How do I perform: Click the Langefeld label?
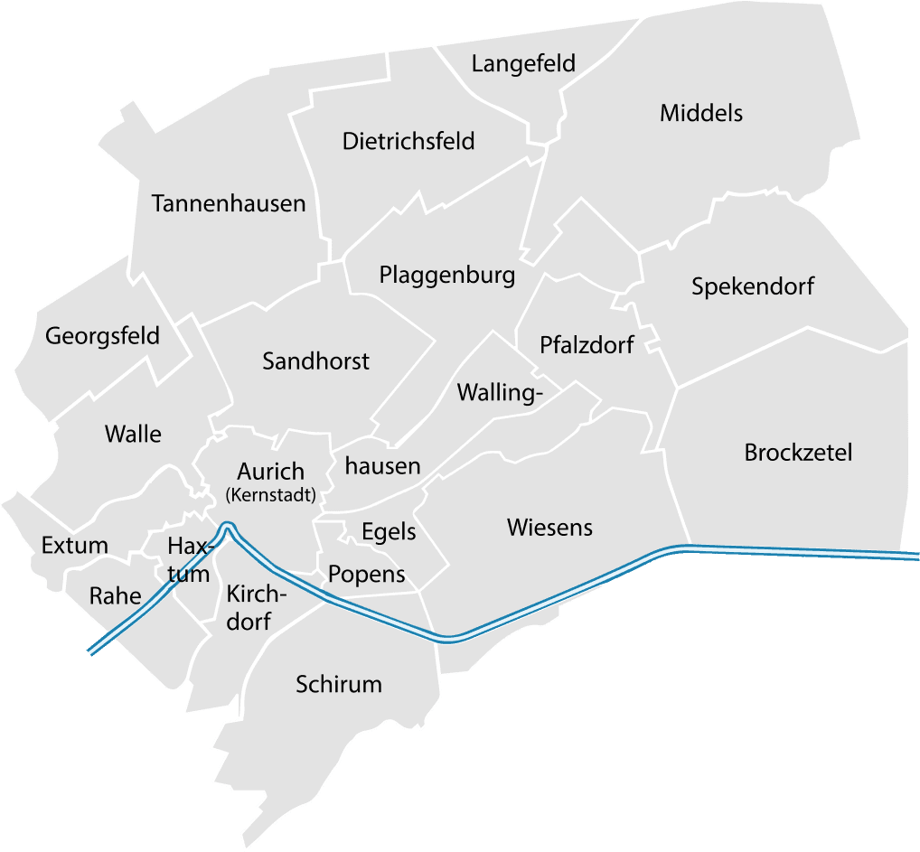pos(523,65)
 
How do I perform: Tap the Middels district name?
pos(701,113)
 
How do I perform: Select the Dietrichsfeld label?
pos(408,142)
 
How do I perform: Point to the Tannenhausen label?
pos(229,203)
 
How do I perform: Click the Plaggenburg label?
pos(447,275)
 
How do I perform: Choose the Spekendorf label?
pos(753,287)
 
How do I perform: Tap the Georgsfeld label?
pos(102,337)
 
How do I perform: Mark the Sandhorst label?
pos(315,361)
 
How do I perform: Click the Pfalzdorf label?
pos(587,345)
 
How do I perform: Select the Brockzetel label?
pos(798,452)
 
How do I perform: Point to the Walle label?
pos(133,434)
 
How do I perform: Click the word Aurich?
pos(270,472)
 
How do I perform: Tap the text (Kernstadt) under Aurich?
pos(270,494)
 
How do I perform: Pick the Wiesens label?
pos(549,527)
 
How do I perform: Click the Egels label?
pos(389,531)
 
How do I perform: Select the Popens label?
pos(366,575)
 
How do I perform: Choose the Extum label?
pos(75,546)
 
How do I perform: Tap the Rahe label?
pos(115,595)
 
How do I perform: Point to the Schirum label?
pos(339,685)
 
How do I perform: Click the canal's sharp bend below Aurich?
pos(227,526)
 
